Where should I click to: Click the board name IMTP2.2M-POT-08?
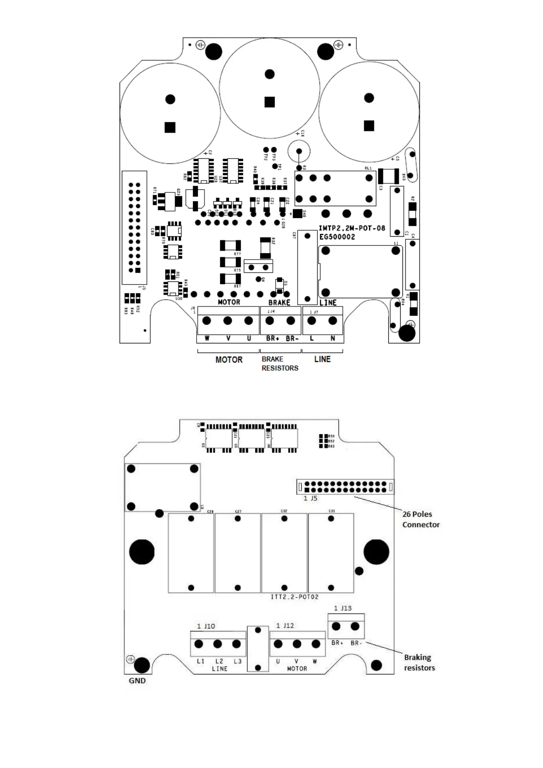[x=352, y=228]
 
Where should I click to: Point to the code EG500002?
[x=337, y=237]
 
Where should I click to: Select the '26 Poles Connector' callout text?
[x=421, y=519]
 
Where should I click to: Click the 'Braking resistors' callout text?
[x=419, y=663]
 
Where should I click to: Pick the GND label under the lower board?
[x=137, y=680]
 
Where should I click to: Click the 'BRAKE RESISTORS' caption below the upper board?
[x=280, y=363]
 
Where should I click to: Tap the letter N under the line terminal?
[x=333, y=338]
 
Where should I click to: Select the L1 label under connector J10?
[x=201, y=661]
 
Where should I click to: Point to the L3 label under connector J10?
[x=237, y=661]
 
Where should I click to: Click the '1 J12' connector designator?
[x=285, y=626]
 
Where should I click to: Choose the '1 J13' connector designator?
[x=343, y=608]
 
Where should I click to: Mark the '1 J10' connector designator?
[x=206, y=626]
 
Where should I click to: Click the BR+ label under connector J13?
[x=337, y=643]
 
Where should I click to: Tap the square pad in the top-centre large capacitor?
[x=270, y=102]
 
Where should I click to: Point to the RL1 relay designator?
[x=368, y=168]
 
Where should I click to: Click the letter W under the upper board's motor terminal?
[x=207, y=338]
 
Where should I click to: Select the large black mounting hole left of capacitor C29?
[x=142, y=552]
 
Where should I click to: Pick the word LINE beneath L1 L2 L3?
[x=219, y=669]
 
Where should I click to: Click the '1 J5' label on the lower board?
[x=310, y=498]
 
